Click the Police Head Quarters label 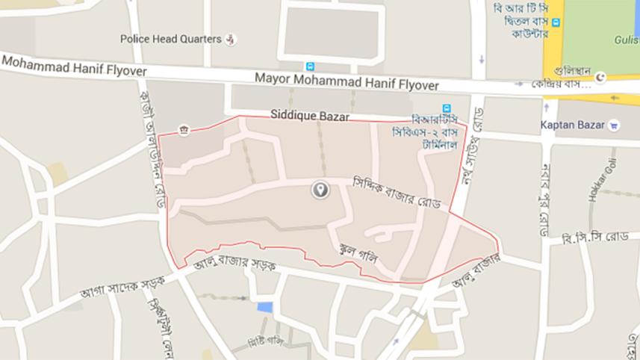point(170,39)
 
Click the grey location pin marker point(320,190)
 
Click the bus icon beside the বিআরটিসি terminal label point(447,108)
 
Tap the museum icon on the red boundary point(182,131)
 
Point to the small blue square point(264,307)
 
